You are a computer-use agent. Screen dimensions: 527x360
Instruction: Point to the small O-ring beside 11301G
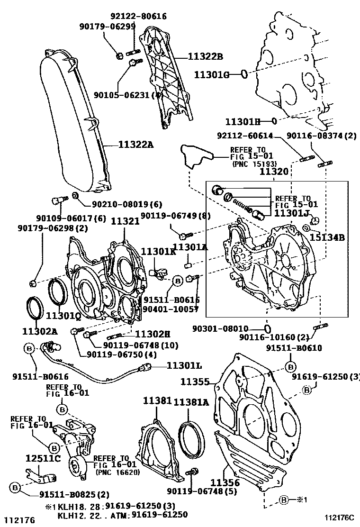coord(243,74)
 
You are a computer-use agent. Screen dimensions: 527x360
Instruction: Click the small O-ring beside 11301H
coord(274,121)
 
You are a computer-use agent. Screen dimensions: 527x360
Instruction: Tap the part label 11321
coord(125,221)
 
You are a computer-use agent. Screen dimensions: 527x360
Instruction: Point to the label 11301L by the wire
coord(184,365)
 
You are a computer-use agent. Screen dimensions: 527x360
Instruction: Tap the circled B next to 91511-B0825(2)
coord(15,487)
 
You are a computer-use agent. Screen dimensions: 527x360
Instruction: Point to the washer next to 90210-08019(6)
coord(75,196)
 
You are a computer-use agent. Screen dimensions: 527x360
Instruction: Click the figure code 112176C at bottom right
coord(340,518)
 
